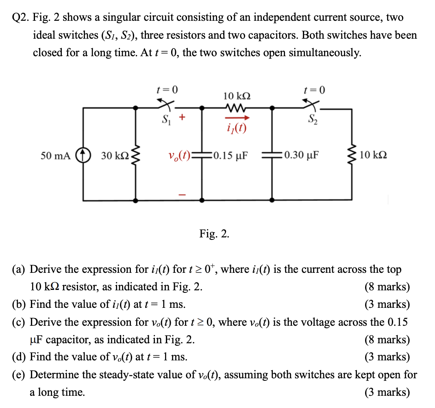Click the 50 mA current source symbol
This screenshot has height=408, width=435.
[x=83, y=155]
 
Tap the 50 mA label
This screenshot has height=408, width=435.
[x=56, y=155]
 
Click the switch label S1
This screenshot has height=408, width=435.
[x=165, y=121]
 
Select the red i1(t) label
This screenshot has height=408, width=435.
[x=237, y=129]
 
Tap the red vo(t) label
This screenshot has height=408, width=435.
[x=179, y=155]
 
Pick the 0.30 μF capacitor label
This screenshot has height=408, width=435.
[x=302, y=155]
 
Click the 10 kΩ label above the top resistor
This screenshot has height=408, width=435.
[x=237, y=96]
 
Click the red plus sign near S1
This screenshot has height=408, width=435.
[x=183, y=118]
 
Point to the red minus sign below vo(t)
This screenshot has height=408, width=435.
[x=183, y=196]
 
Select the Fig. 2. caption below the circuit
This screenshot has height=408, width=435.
[x=214, y=234]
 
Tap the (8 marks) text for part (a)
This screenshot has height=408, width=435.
[x=387, y=287]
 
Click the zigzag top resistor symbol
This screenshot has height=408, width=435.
[x=236, y=108]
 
